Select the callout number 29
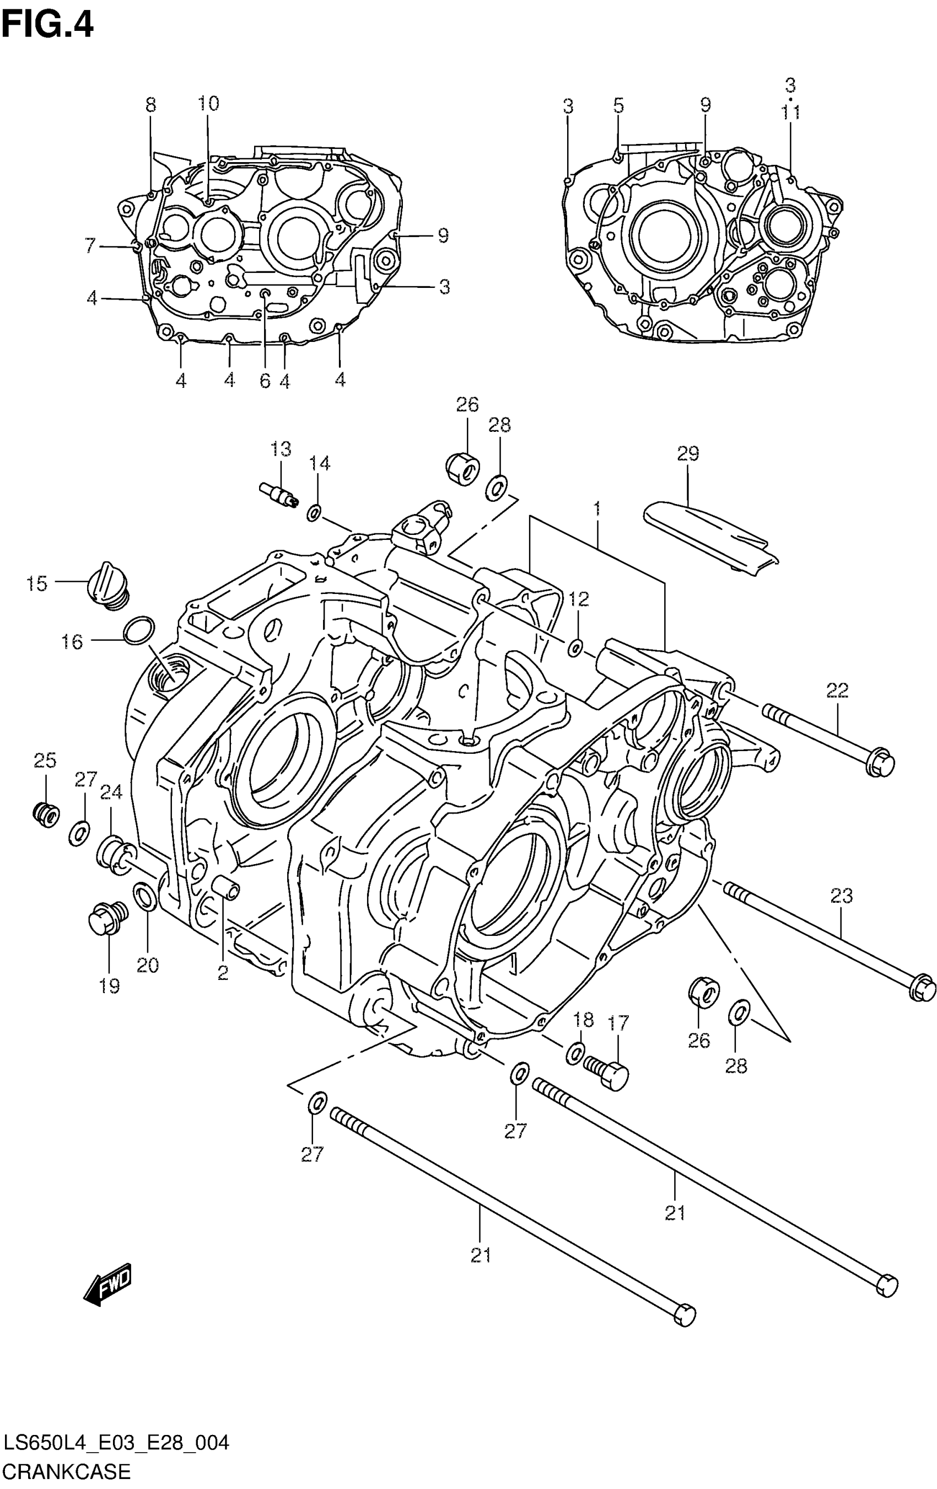coord(687,453)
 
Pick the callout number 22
coord(837,690)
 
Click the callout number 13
coord(281,449)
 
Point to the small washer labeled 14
coord(314,513)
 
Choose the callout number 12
coord(579,598)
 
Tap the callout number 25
coord(45,760)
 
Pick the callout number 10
coord(208,103)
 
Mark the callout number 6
coord(265,381)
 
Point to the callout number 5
coord(618,106)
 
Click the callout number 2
coord(223,973)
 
